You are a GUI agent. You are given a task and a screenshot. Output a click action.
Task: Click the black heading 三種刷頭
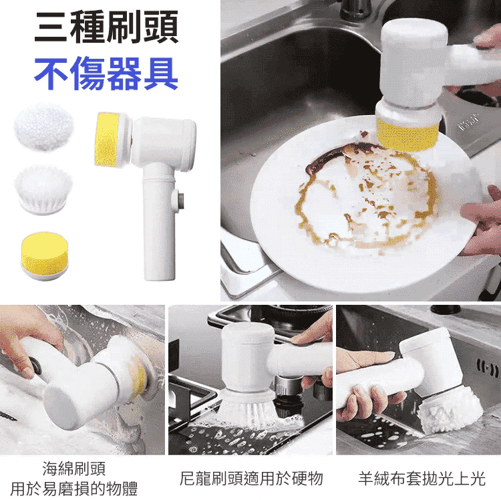(106, 28)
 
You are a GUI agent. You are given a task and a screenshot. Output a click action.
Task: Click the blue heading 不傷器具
(106, 74)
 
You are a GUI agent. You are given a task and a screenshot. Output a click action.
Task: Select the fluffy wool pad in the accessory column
(44, 126)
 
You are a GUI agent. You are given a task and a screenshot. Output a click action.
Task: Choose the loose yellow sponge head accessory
(45, 256)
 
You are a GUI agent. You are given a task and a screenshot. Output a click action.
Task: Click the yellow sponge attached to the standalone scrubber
(108, 139)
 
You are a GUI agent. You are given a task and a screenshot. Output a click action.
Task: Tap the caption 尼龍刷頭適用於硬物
(251, 479)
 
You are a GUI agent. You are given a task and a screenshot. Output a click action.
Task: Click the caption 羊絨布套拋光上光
(422, 479)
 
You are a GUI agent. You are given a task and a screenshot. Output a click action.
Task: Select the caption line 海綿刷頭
(73, 469)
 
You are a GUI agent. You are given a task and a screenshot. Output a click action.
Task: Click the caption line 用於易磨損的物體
(73, 489)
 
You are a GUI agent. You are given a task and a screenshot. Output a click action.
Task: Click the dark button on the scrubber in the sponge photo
(35, 366)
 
